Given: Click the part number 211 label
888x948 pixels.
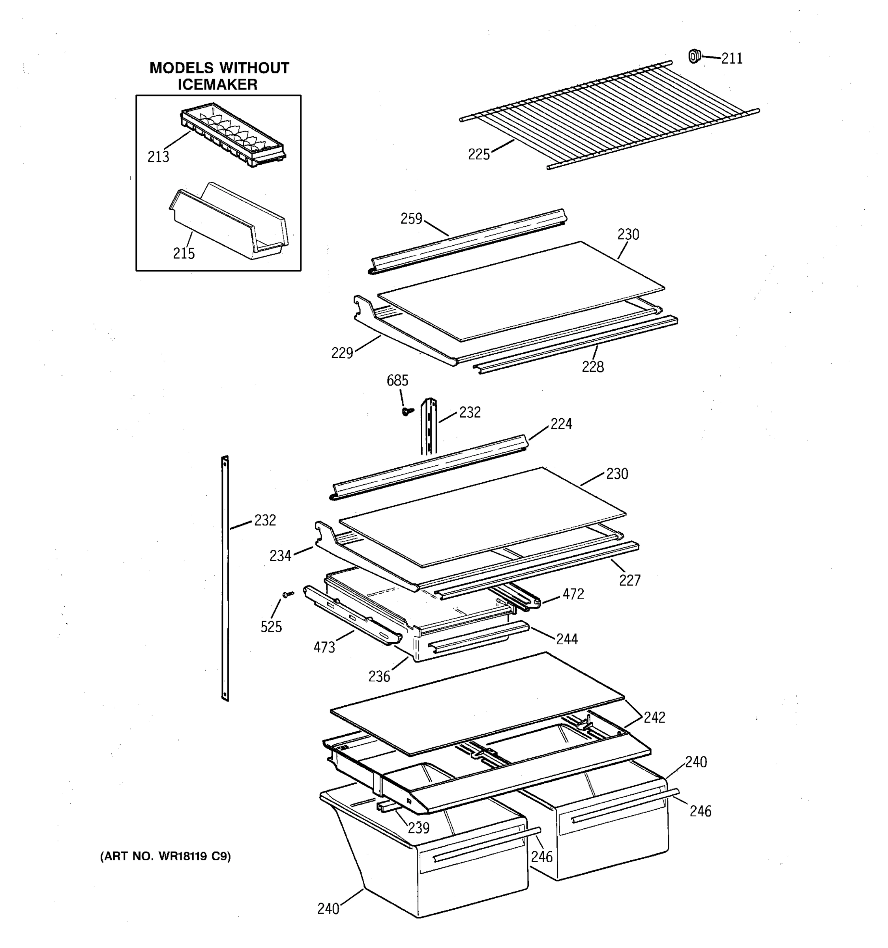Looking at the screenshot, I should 732,58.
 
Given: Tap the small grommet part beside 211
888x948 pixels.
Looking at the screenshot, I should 694,56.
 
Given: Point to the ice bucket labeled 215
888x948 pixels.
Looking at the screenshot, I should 229,222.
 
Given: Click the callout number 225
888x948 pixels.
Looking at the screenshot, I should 479,154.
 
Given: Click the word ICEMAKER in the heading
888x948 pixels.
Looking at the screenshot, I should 218,85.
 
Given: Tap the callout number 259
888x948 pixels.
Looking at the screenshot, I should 411,218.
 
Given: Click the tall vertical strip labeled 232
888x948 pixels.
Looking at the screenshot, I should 225,577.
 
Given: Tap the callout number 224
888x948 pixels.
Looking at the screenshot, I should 561,424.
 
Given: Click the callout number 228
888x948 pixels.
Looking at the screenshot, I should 593,367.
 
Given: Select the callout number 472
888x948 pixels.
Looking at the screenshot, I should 573,594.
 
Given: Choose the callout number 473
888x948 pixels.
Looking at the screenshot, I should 324,647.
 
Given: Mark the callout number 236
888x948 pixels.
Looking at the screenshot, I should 379,676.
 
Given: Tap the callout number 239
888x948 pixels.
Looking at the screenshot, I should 418,828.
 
